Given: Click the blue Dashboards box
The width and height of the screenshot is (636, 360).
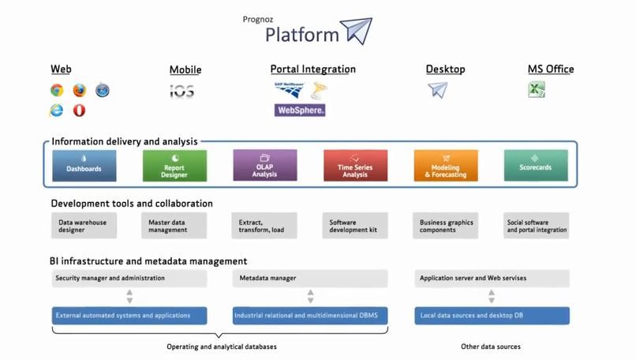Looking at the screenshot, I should (x=84, y=166).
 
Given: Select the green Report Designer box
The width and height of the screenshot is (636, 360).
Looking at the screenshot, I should (x=174, y=166).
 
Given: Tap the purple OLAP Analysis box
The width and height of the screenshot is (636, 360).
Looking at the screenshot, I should (x=264, y=166).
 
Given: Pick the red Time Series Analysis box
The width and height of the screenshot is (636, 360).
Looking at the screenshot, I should (x=355, y=166).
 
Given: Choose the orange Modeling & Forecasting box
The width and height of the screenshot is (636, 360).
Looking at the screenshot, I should (x=445, y=166).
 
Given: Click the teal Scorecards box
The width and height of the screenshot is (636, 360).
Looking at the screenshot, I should (x=536, y=166).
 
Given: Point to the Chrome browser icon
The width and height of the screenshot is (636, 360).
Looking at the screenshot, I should (x=57, y=91).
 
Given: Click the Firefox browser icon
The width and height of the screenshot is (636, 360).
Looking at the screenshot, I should (x=79, y=91).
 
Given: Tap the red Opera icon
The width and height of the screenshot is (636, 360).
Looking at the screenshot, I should (x=79, y=111).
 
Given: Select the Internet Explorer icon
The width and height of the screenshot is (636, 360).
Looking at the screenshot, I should (x=57, y=111).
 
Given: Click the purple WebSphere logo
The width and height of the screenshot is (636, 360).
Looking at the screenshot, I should (x=300, y=111).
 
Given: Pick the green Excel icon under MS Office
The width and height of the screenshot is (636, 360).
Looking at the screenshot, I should (x=537, y=90).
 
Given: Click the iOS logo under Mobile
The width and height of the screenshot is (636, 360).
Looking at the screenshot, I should (x=181, y=92).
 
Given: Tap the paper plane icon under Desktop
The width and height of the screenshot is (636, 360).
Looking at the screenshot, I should (x=437, y=90).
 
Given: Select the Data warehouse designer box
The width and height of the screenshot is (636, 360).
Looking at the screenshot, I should (x=84, y=226).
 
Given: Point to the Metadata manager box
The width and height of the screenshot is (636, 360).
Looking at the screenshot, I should (x=310, y=278).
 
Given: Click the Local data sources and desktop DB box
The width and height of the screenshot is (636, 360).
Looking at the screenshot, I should (x=492, y=316).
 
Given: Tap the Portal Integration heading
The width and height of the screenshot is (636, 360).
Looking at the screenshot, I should (x=312, y=69).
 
